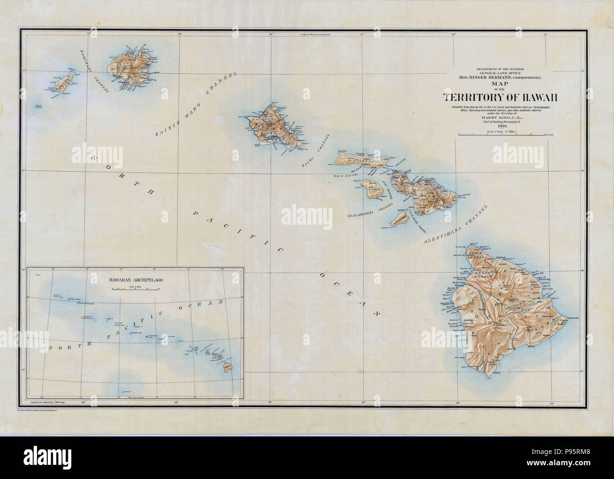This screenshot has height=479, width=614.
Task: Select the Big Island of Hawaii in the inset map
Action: point(228,366)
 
